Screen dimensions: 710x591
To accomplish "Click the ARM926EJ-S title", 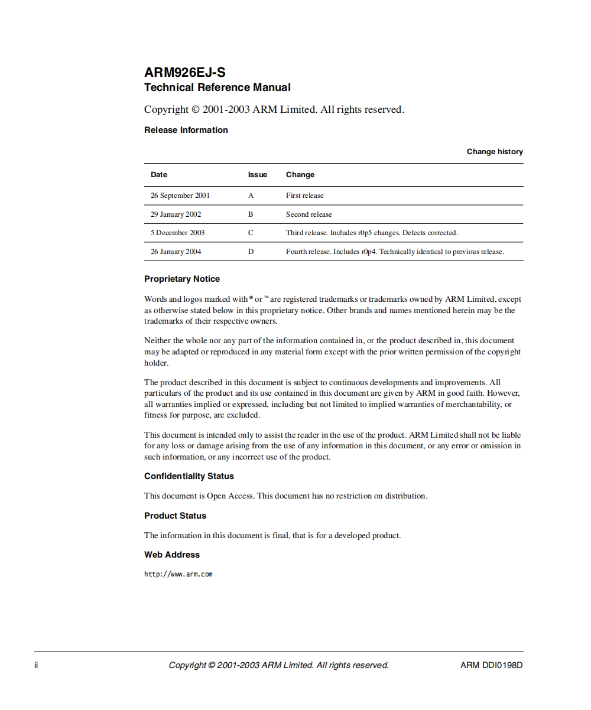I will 184,73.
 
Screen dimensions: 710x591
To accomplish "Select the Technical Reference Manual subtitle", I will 217,87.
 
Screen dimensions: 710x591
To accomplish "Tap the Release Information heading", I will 186,130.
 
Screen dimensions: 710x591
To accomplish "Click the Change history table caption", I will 495,152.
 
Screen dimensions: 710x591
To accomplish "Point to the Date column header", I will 159,175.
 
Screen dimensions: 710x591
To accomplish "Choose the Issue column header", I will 257,175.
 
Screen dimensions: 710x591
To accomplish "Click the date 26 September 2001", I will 180,196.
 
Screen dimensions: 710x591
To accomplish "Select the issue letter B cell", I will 251,214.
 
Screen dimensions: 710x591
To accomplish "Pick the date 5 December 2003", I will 177,233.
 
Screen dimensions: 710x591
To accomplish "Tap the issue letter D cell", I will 251,252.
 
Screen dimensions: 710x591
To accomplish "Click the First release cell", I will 304,196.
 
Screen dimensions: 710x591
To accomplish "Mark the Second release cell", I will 309,214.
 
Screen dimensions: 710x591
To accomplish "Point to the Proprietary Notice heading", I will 181,279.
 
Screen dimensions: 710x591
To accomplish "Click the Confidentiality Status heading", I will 189,476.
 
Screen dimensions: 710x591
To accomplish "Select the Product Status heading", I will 175,516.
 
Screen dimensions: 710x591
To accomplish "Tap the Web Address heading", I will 171,555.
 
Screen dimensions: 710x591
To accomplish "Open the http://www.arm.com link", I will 178,574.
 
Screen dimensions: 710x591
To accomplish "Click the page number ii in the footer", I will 36,665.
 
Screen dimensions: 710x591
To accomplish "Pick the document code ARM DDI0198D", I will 491,665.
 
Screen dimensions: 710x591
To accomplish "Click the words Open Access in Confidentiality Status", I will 230,496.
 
